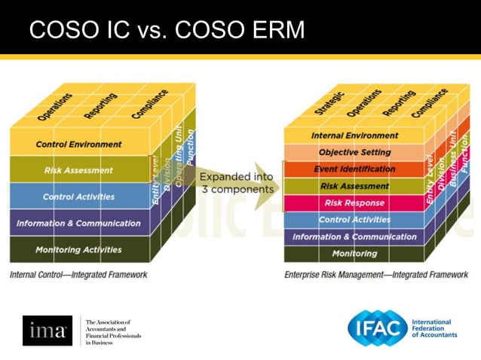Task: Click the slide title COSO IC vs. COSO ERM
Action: click(x=167, y=31)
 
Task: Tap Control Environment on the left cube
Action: click(x=78, y=144)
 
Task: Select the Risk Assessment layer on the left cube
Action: click(x=78, y=170)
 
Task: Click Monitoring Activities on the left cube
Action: click(x=78, y=249)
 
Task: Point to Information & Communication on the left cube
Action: click(x=78, y=223)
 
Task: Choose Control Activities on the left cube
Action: click(x=78, y=197)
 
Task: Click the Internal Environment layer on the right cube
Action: click(x=345, y=136)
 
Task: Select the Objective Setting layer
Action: click(x=345, y=152)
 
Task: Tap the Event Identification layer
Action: click(x=345, y=169)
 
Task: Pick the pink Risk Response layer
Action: click(x=345, y=203)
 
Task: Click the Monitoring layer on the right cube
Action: click(x=345, y=254)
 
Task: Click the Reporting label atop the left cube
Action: click(x=100, y=105)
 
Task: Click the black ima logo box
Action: click(x=47, y=330)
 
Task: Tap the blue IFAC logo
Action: click(x=378, y=328)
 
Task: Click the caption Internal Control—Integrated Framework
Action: click(x=78, y=275)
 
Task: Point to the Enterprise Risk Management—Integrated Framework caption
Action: click(x=366, y=275)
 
